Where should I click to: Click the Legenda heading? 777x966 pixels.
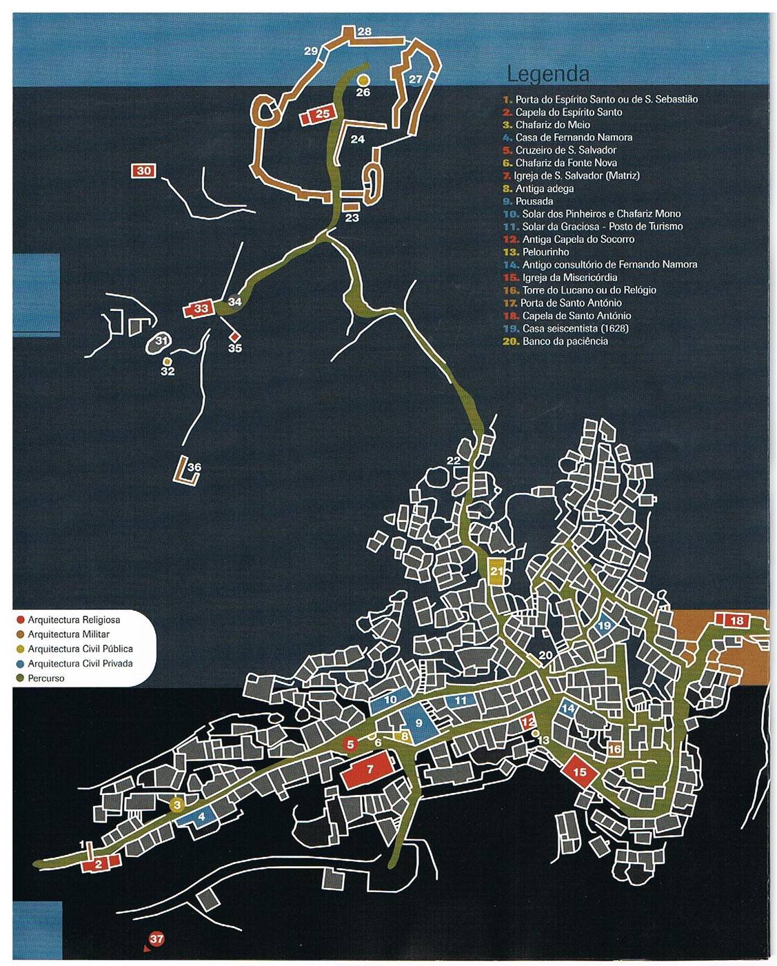[x=547, y=74]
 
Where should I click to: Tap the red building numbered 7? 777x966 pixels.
[x=370, y=770]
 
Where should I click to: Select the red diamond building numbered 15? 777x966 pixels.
[x=580, y=772]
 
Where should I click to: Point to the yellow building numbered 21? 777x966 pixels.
[x=496, y=571]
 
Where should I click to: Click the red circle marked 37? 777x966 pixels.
[x=157, y=939]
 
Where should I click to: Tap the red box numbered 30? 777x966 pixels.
[x=143, y=170]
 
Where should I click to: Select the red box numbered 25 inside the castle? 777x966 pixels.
[x=322, y=114]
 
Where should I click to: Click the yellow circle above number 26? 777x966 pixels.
[x=363, y=80]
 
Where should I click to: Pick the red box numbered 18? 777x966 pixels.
[x=736, y=621]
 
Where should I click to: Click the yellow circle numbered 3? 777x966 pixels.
[x=177, y=805]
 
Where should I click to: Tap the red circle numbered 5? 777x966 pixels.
[x=350, y=744]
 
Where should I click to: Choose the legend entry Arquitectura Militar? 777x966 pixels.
[x=68, y=634]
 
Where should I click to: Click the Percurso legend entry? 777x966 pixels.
[x=46, y=678]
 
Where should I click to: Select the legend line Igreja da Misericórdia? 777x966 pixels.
[x=569, y=277]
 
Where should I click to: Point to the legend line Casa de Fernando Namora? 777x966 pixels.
[x=573, y=137]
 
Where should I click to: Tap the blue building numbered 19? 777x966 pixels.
[x=605, y=625]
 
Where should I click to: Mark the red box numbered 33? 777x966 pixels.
[x=200, y=308]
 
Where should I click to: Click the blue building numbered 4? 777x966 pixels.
[x=201, y=817]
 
